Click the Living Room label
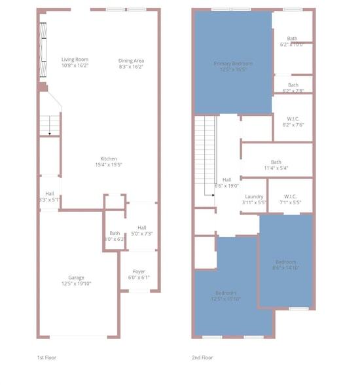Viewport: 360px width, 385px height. point(75,60)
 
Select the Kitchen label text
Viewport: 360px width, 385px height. point(109,158)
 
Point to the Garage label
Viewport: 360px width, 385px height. point(77,278)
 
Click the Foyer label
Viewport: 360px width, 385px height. point(139,271)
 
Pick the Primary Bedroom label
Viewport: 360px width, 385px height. point(233,64)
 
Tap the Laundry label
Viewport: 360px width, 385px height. point(254,196)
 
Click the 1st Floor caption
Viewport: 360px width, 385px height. point(48,357)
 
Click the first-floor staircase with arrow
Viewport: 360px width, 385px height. point(50,125)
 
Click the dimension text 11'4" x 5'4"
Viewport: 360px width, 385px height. point(276,168)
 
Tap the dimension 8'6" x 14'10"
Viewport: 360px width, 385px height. point(285,267)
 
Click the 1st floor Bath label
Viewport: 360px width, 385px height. point(115,233)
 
